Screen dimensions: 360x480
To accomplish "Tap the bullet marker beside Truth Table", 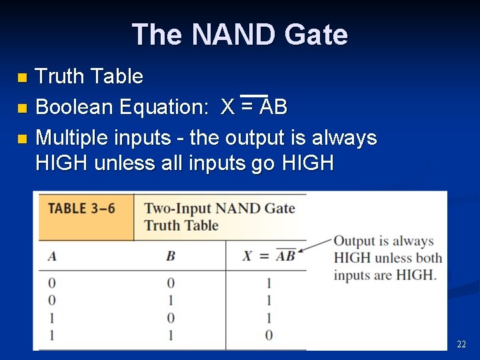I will point(23,79).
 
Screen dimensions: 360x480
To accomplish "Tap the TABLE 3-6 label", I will point(81,208).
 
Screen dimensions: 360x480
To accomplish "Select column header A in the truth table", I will point(51,255).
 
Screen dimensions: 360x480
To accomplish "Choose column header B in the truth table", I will point(171,255).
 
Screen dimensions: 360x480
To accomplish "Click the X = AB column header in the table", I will point(268,256).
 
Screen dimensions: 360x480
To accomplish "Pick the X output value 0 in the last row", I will point(269,335).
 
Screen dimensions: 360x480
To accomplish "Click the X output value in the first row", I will point(269,283).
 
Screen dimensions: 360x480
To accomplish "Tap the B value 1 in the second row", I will point(171,301).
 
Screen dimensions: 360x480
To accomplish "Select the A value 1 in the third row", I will point(51,318).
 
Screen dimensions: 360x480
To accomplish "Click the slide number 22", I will point(461,344).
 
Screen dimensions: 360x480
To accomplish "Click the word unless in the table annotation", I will point(393,258).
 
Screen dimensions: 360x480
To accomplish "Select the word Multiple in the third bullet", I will point(74,138).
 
